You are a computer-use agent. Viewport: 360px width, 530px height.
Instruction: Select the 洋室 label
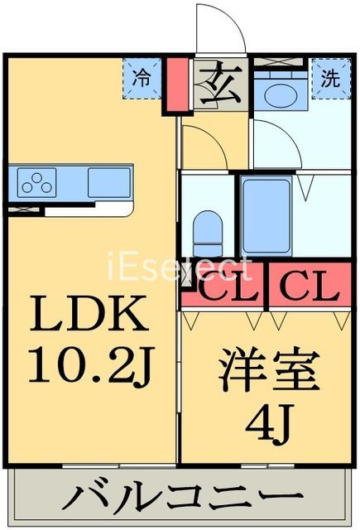coord(269,373)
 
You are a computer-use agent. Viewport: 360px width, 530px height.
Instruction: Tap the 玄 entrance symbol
coord(219,84)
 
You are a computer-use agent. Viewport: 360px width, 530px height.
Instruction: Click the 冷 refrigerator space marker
coord(143,79)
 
